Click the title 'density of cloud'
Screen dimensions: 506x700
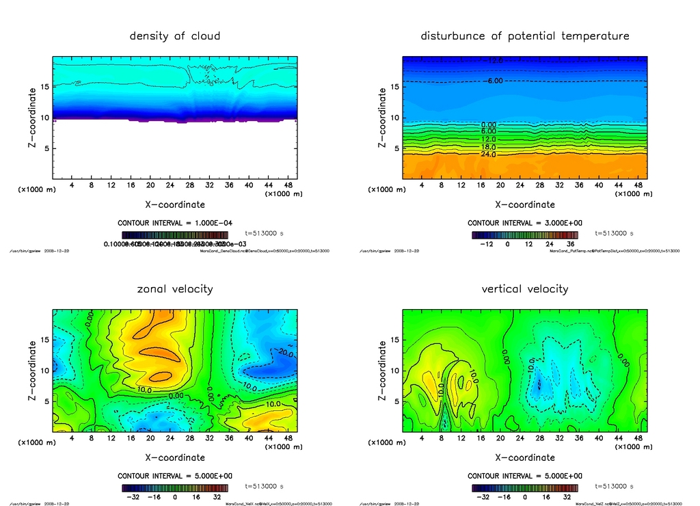click(x=175, y=36)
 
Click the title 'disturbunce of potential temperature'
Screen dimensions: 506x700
click(x=525, y=36)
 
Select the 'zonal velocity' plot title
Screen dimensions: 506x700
click(x=175, y=289)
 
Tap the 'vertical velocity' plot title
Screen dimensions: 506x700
click(x=525, y=289)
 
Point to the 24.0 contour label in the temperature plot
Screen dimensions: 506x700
click(x=488, y=155)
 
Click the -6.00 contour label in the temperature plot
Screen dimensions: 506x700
click(x=494, y=81)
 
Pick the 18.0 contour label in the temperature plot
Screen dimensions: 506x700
click(x=488, y=147)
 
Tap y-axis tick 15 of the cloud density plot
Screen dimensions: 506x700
click(x=45, y=87)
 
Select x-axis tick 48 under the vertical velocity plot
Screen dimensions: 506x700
click(x=638, y=438)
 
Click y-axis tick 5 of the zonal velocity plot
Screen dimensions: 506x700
click(x=46, y=401)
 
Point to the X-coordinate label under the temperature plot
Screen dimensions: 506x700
click(x=525, y=204)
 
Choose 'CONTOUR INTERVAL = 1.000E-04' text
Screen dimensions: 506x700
click(x=175, y=223)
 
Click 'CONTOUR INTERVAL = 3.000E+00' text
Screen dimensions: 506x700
click(x=525, y=223)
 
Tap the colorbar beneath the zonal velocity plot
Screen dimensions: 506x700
click(x=175, y=488)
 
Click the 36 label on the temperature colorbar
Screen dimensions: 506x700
click(x=568, y=243)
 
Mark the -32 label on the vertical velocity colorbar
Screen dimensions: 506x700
click(x=481, y=497)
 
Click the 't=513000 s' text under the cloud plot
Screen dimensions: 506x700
click(x=264, y=234)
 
